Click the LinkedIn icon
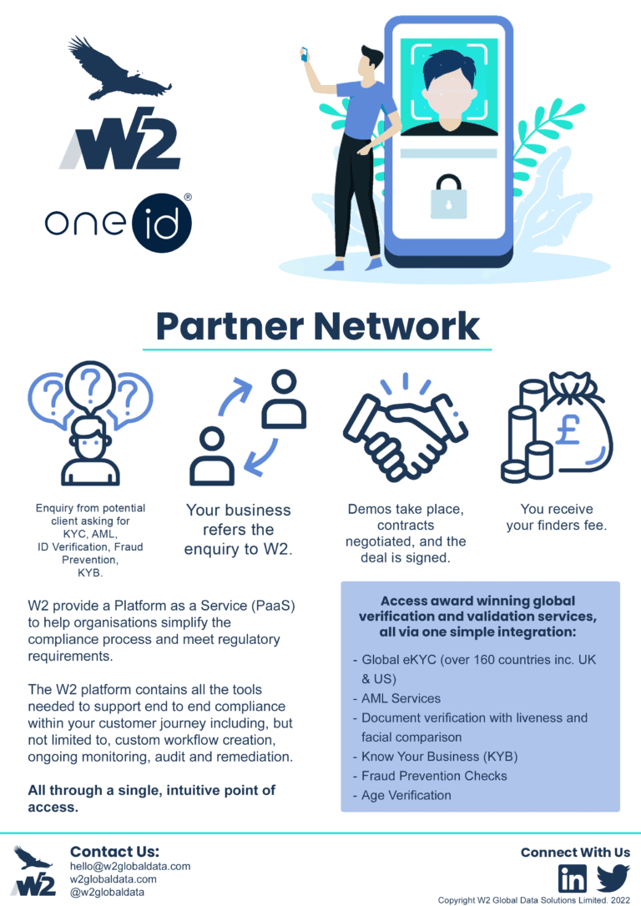(x=573, y=878)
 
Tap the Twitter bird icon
(x=613, y=878)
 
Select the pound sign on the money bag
(x=568, y=430)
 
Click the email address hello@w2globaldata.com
(x=130, y=866)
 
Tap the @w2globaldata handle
(x=107, y=892)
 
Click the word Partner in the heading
(x=230, y=326)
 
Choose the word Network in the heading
(x=396, y=326)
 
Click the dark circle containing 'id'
(x=161, y=223)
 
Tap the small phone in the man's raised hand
(x=304, y=55)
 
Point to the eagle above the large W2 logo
(x=119, y=68)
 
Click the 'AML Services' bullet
(x=401, y=698)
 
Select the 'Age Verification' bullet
(x=406, y=796)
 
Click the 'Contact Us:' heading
(x=114, y=851)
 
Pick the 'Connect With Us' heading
(x=575, y=853)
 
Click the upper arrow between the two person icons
(x=235, y=395)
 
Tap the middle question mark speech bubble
(x=91, y=386)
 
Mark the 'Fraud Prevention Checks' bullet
(x=434, y=776)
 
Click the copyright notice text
(x=533, y=900)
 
